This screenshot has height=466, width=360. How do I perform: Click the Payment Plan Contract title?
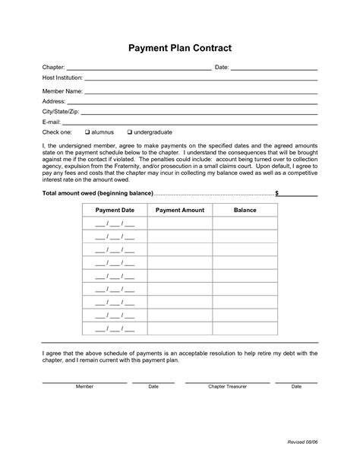tap(179, 48)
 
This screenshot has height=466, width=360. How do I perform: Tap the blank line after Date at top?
tap(273, 68)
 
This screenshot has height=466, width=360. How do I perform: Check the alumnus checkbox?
tap(87, 132)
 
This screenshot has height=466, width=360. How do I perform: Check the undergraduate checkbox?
tap(129, 132)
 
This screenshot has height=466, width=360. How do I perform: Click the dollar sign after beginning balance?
tap(277, 193)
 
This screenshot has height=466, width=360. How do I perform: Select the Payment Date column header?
tap(115, 210)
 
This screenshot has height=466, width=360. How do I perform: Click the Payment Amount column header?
tap(179, 210)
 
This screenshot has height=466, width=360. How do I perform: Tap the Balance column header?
tap(245, 210)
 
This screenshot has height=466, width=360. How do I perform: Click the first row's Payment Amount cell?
tap(179, 224)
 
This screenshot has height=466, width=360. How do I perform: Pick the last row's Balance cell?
tap(245, 328)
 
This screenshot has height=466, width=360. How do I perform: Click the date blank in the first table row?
tap(115, 224)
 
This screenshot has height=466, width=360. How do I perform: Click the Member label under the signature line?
tap(85, 386)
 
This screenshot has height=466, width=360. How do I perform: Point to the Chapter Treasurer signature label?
tap(227, 386)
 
